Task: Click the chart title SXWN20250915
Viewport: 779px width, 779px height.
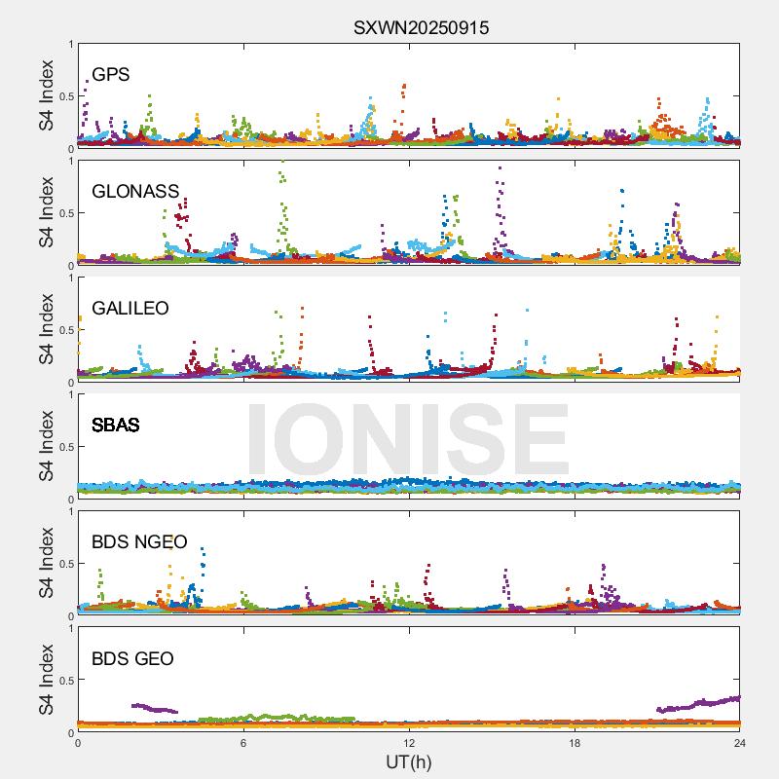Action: click(x=421, y=28)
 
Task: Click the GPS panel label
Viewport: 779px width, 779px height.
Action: click(x=111, y=75)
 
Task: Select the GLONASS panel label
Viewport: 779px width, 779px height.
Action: click(x=135, y=192)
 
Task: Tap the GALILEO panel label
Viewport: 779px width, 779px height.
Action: click(x=130, y=309)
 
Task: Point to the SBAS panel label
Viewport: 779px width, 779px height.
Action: click(x=116, y=426)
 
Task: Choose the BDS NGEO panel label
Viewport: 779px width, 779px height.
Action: click(x=138, y=542)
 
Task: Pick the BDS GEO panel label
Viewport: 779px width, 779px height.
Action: click(x=132, y=659)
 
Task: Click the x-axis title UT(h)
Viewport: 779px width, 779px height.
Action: click(x=408, y=761)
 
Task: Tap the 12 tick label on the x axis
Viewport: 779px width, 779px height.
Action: click(x=409, y=743)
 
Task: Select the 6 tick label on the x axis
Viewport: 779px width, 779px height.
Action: click(x=243, y=743)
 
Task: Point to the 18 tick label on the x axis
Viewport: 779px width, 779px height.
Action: click(x=575, y=743)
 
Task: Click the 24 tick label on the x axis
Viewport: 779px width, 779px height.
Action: click(x=739, y=743)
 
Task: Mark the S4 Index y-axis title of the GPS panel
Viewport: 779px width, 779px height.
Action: click(x=47, y=95)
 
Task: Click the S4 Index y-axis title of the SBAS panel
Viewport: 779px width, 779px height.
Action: click(x=47, y=446)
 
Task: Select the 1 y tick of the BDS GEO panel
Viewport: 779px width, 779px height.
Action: click(x=70, y=628)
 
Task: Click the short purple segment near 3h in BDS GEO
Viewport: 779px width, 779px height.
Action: click(x=154, y=708)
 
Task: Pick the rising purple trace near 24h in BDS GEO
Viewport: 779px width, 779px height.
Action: click(x=701, y=704)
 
